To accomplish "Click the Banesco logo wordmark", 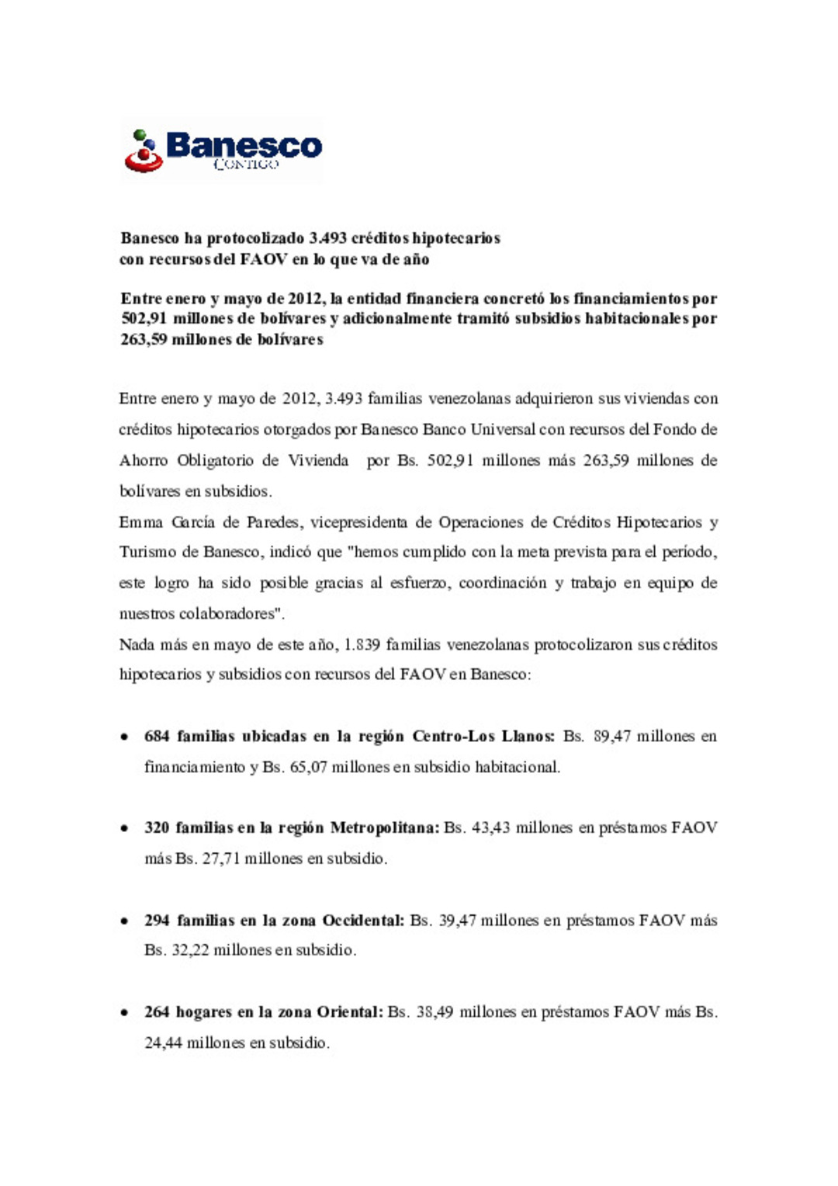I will tap(244, 146).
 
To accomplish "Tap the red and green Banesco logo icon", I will tap(144, 151).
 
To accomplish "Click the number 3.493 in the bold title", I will tap(327, 238).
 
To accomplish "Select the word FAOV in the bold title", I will tap(264, 259).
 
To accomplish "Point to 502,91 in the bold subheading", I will tap(144, 318).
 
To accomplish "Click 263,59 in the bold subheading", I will tap(144, 339).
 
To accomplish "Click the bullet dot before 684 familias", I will tap(124, 737).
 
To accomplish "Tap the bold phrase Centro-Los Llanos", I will tap(483, 736).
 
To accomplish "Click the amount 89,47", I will tap(612, 736).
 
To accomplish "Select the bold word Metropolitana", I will tap(385, 827).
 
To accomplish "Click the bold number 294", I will tap(157, 921).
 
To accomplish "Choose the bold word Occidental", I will tap(363, 921).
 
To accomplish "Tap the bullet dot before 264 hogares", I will tap(124, 1013).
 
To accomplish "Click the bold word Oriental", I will tap(350, 1012).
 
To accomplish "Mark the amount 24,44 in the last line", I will tap(163, 1043).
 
